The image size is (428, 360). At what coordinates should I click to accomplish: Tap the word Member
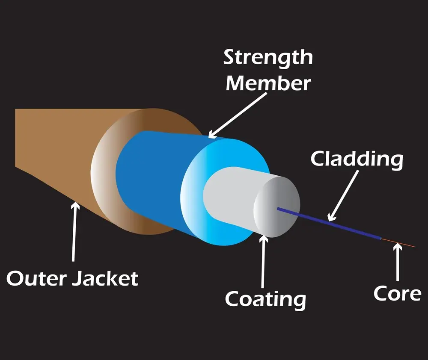point(268,83)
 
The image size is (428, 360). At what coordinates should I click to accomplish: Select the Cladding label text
point(357,159)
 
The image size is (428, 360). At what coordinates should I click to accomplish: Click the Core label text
point(397,293)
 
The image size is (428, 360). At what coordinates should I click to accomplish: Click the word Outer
point(36,279)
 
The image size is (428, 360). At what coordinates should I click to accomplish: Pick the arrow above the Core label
point(398,265)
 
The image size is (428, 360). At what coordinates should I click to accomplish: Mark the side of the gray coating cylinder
point(231,192)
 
